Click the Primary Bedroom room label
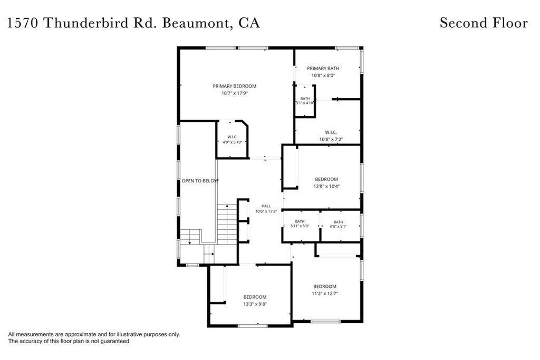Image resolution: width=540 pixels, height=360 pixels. (234, 86)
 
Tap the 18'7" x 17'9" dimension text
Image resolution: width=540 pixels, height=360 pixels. (235, 93)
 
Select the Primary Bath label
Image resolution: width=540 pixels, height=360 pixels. (323, 68)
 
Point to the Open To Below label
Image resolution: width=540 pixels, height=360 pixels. (200, 181)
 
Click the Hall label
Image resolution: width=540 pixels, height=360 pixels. (266, 206)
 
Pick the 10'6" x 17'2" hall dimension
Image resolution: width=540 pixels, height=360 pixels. (266, 211)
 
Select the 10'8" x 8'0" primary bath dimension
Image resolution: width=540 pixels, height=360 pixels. (323, 75)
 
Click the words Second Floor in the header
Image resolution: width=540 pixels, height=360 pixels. (484, 23)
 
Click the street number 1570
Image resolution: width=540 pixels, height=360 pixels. (23, 23)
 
